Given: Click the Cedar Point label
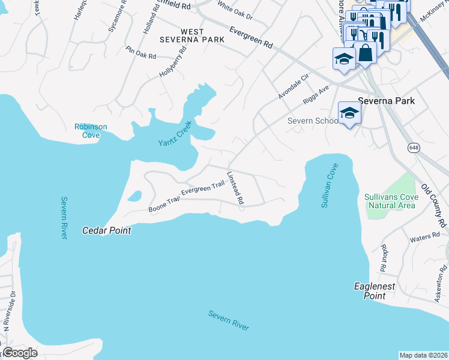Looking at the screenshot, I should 106,230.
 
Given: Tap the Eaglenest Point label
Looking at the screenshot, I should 375,291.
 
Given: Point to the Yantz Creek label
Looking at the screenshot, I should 174,134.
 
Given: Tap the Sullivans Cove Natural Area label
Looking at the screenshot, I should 390,201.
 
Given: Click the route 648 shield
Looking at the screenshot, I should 414,148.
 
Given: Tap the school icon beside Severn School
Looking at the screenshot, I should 349,113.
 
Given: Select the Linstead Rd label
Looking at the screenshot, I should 235,189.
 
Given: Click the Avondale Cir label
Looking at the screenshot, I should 293,86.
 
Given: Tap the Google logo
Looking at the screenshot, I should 20,353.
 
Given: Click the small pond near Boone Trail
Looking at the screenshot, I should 135,196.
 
